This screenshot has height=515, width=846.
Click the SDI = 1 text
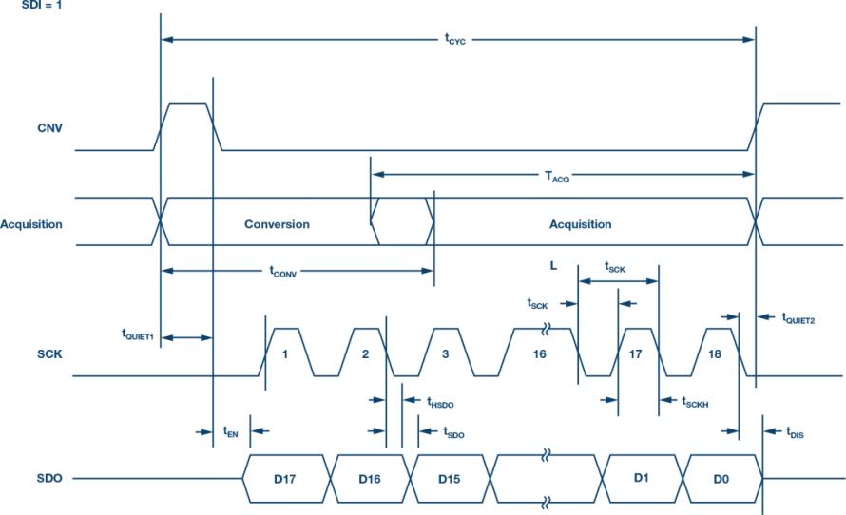pos(41,6)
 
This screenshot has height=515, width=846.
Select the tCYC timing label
pos(454,39)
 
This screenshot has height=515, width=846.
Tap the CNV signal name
pos(49,128)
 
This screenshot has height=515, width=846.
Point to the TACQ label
pos(557,176)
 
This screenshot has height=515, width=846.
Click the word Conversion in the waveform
pos(277,224)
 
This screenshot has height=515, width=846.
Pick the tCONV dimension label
pos(282,271)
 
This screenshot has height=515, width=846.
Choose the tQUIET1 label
pos(138,334)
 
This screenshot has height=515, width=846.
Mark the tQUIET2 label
pos(798,318)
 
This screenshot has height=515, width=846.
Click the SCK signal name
pos(49,353)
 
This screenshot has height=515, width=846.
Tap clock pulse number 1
pos(285,353)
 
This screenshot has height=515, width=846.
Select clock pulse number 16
pos(540,353)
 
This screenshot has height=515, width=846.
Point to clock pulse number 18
pos(715,353)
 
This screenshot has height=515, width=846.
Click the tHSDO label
pos(440,402)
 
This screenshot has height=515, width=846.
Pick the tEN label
pos(230,432)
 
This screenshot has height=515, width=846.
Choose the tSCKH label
pos(695,402)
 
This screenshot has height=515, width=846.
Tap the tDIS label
pos(795,432)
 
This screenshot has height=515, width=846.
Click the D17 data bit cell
pos(286,479)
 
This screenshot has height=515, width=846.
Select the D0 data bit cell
pos(722,479)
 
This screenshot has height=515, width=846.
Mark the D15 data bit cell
pos(450,479)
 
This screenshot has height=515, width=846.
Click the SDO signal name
pos(49,478)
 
